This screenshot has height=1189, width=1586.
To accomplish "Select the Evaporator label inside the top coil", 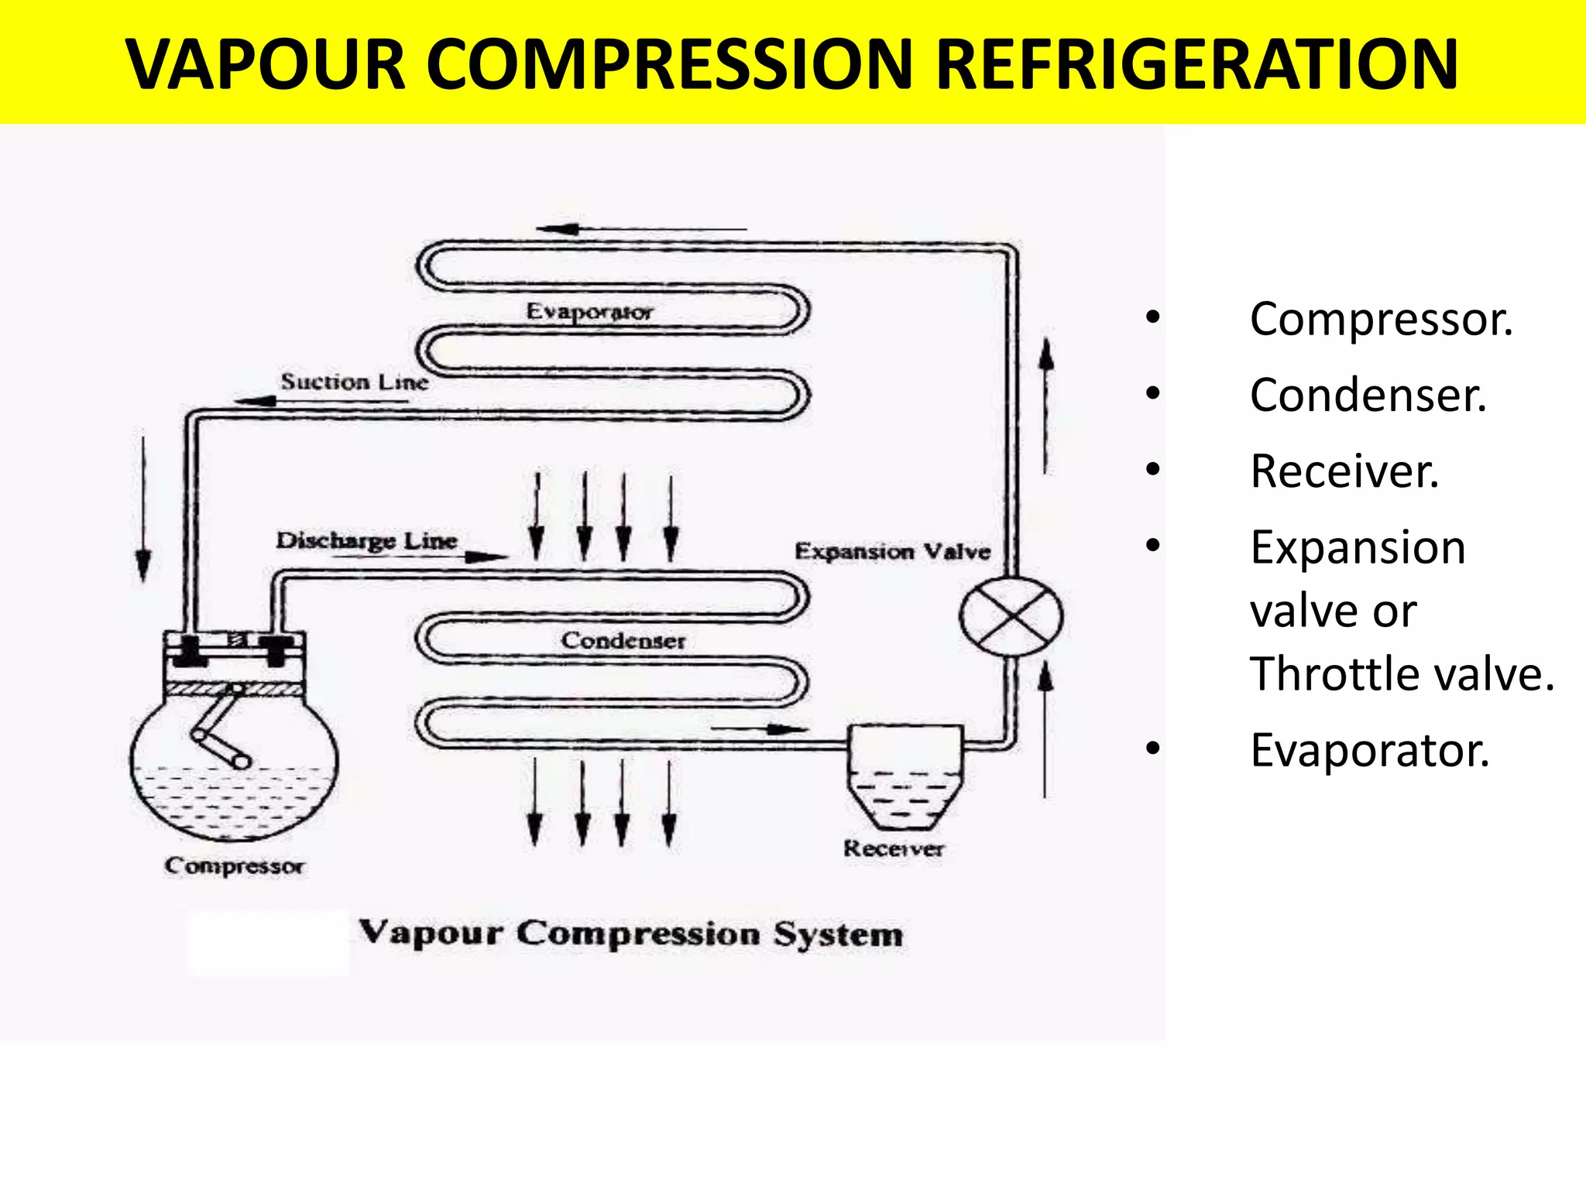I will click(x=589, y=311).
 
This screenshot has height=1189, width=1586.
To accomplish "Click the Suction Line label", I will click(x=354, y=382).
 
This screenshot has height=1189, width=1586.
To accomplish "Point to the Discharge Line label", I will click(x=366, y=540).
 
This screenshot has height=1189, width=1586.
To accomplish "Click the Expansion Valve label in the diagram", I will click(x=892, y=551).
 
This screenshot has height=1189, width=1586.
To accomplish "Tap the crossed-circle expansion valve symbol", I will click(x=1011, y=617).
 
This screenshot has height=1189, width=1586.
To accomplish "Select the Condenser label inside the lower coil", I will click(x=623, y=640).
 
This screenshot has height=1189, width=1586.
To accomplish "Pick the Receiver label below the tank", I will click(x=894, y=848).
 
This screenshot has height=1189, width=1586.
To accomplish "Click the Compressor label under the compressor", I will click(x=234, y=865).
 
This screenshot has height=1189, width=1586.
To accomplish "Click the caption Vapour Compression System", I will click(x=630, y=934).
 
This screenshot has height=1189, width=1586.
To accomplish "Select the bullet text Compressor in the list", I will click(x=1381, y=319).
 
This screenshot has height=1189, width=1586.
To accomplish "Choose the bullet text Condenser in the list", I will click(x=1368, y=396).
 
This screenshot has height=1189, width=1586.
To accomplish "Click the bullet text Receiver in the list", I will click(x=1344, y=471).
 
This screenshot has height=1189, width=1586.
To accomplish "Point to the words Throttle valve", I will click(x=1402, y=673).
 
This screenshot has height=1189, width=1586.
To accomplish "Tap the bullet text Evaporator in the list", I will click(x=1369, y=750).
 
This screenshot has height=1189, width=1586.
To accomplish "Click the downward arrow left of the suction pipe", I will click(x=143, y=507).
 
